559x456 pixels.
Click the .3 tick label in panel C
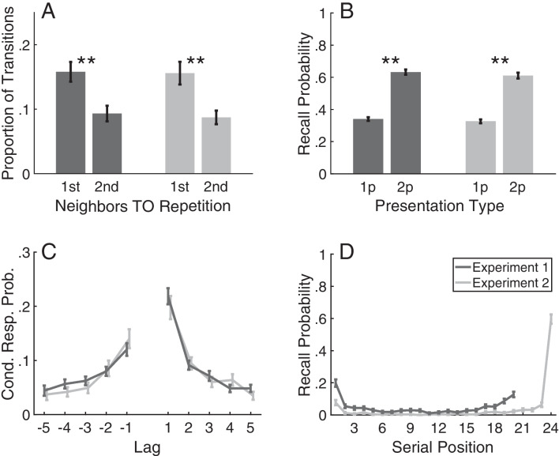[24, 253]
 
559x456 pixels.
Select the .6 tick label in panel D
[324, 318]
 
